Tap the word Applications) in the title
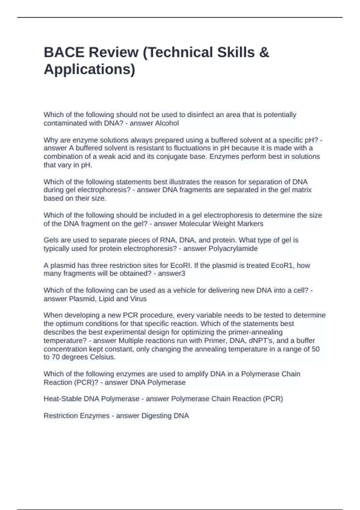89,69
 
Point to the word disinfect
201,115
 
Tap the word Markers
250,224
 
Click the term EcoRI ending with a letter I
181,265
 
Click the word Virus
138,299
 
